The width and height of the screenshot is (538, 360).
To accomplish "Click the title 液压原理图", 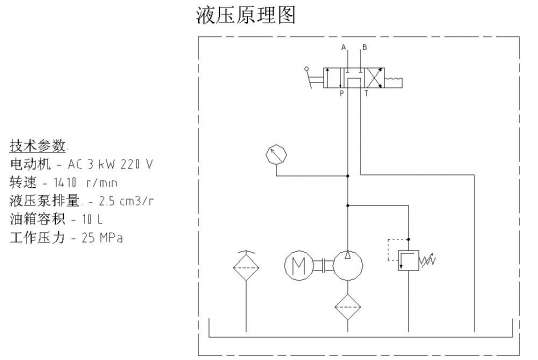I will click(247, 16).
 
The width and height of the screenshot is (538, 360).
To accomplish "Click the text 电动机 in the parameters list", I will click(24, 164).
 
